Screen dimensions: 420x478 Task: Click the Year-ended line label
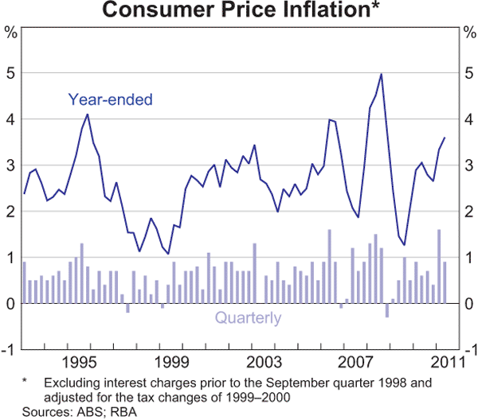click(x=109, y=99)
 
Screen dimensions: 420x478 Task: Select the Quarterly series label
click(x=247, y=319)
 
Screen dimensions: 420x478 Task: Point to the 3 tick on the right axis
click(x=468, y=165)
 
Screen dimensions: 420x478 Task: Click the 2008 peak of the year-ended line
click(x=382, y=74)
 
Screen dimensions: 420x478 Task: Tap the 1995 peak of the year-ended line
click(x=87, y=115)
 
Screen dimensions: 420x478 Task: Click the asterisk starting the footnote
click(x=25, y=382)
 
